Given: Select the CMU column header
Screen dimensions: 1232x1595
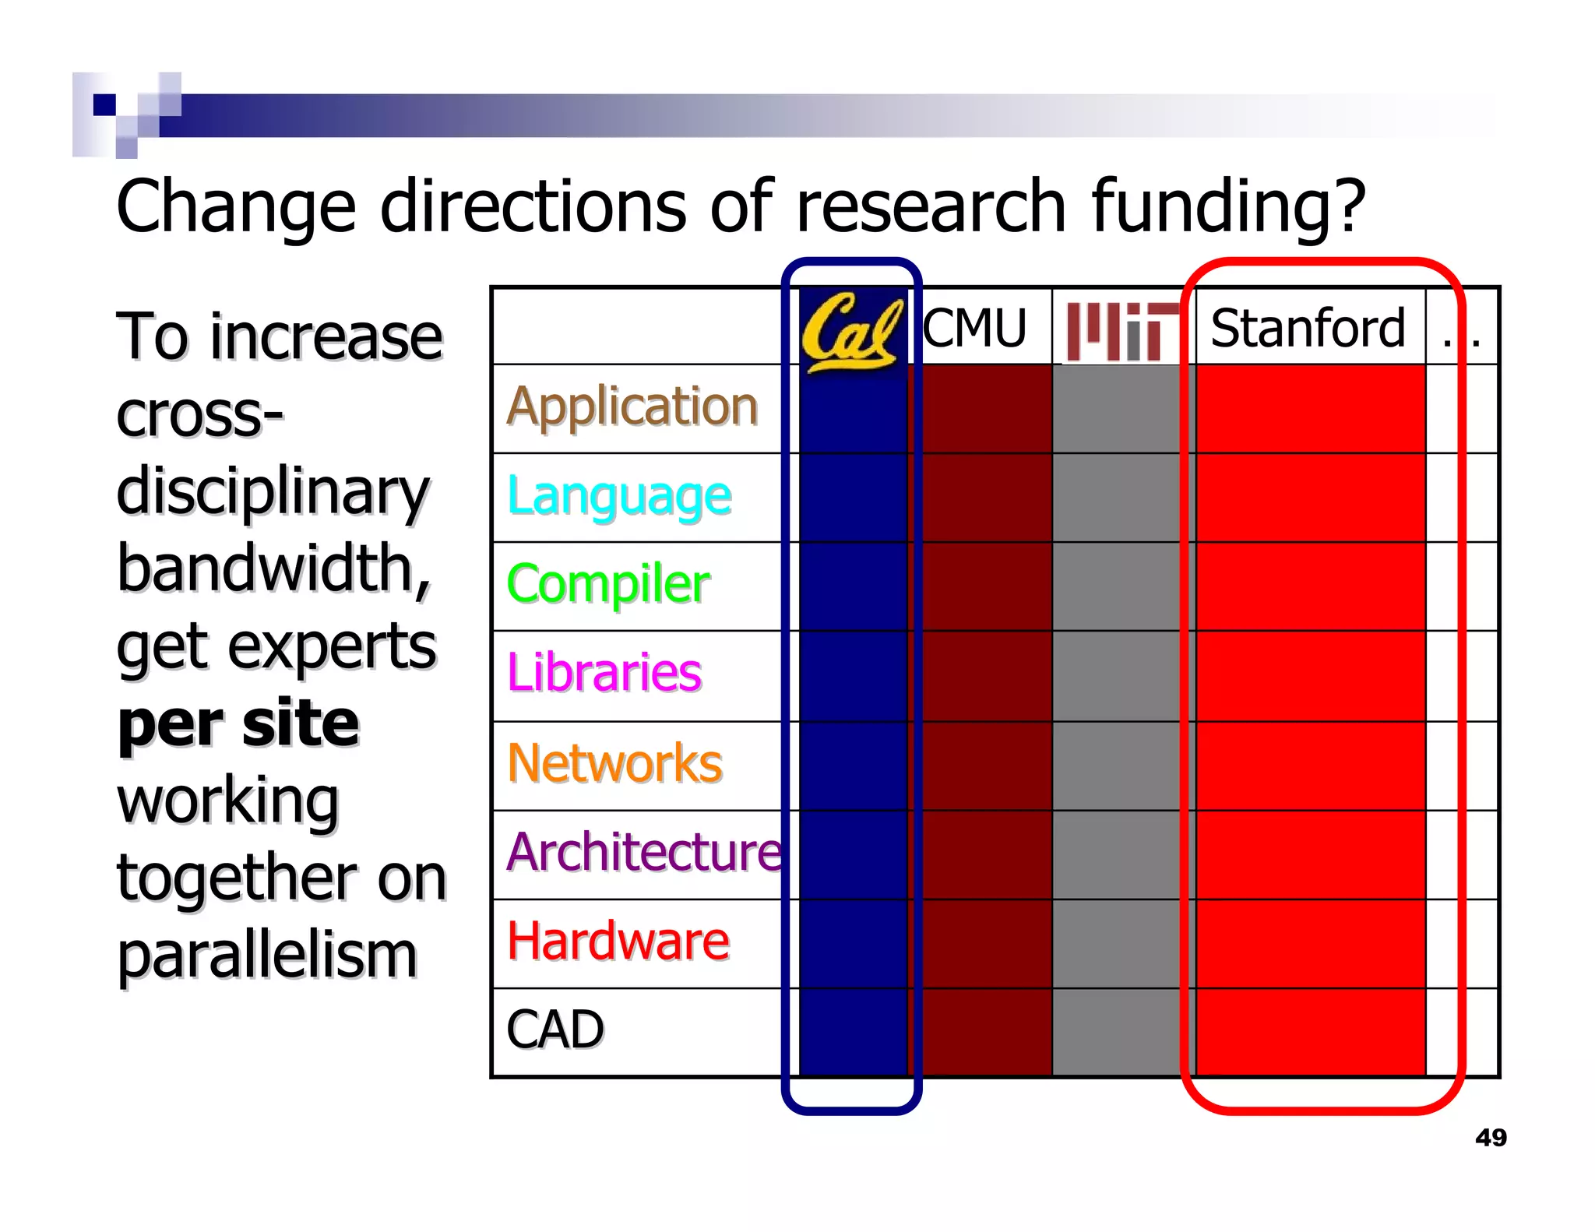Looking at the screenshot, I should click(x=975, y=328).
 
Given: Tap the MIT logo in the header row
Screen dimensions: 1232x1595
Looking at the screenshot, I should click(x=1121, y=331).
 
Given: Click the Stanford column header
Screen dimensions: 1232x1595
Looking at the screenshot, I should click(x=1308, y=328).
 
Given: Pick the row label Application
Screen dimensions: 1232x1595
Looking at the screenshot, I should click(x=632, y=407).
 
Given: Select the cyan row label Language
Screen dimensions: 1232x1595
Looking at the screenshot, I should click(x=619, y=497).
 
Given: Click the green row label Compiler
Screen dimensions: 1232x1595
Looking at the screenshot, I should click(x=608, y=585).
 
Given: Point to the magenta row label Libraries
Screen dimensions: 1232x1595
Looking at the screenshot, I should click(x=604, y=673).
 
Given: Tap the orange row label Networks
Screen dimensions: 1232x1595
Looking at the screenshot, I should click(x=614, y=763).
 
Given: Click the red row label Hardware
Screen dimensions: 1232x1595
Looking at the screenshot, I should click(x=618, y=941).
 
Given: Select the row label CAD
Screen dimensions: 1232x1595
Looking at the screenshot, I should click(x=555, y=1030).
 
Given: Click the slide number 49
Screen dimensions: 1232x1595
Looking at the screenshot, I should click(x=1491, y=1138).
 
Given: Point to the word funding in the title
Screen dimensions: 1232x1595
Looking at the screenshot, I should click(x=1228, y=207).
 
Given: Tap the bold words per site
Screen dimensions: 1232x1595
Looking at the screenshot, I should click(x=238, y=723).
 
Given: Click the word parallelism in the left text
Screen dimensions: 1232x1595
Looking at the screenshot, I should click(x=267, y=956).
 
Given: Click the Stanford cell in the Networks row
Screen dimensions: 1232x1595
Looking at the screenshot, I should click(x=1310, y=766).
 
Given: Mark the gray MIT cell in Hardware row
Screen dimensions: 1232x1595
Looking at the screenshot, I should click(x=1121, y=944).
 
